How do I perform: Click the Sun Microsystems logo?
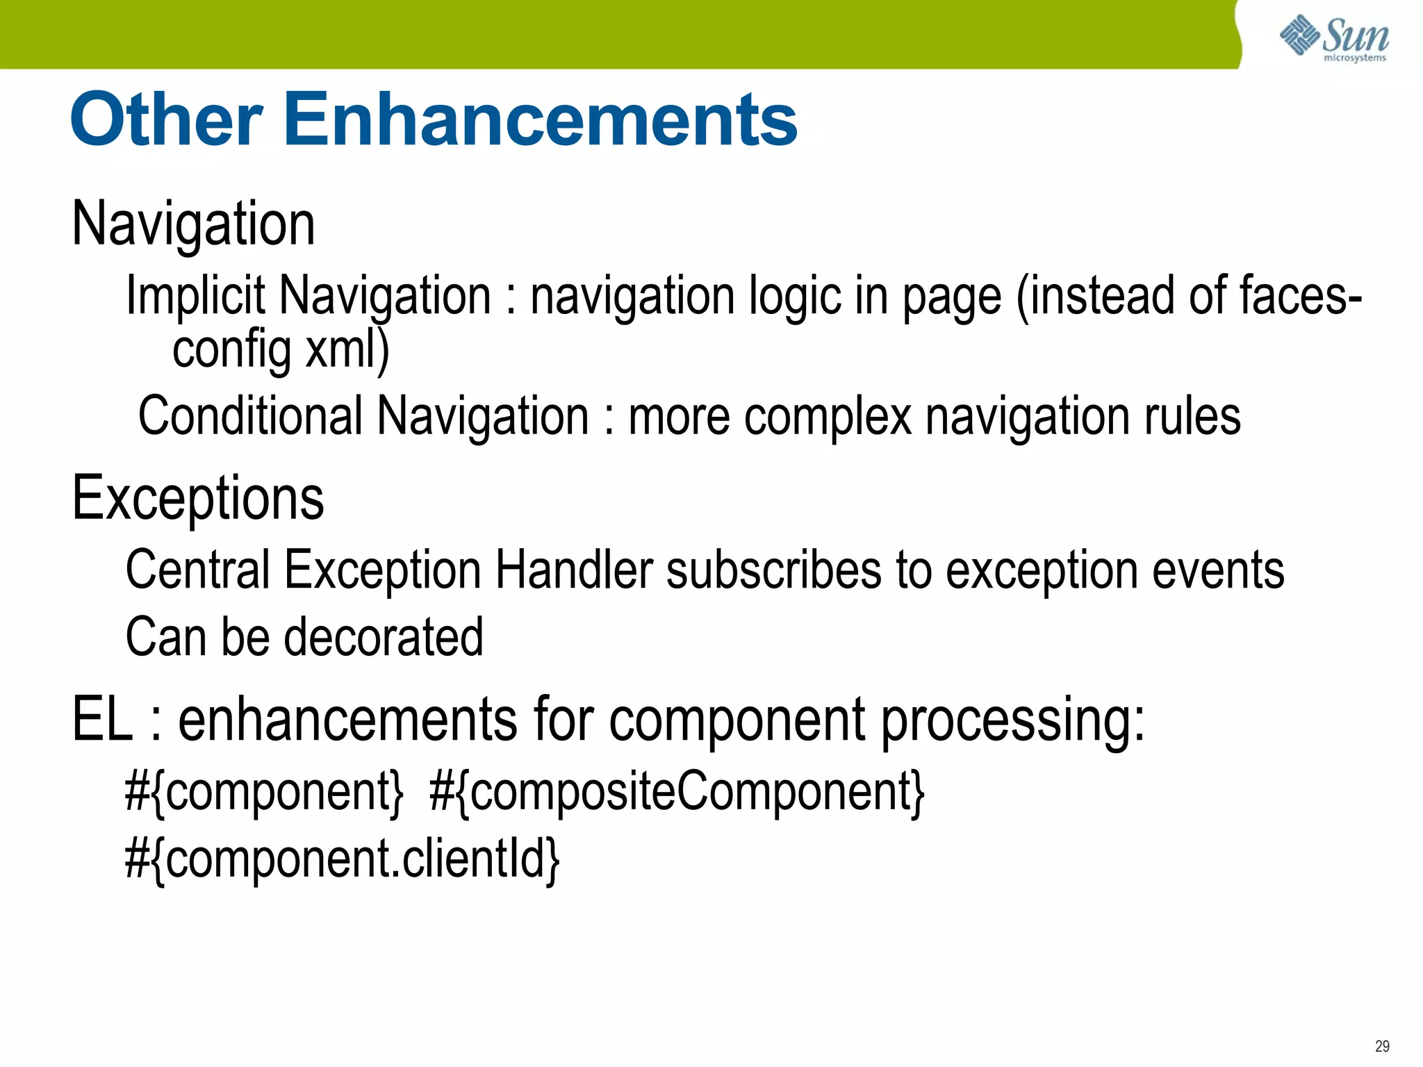coord(1334,38)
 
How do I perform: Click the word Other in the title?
coord(166,120)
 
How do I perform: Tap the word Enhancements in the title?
coord(541,120)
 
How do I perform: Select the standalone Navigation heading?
coord(194,224)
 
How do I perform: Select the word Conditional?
coord(251,416)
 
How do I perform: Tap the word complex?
coord(827,416)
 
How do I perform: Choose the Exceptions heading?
coord(198,498)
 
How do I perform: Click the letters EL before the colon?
coord(102,720)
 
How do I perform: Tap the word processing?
coord(1012,720)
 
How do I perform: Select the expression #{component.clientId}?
coord(342,859)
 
